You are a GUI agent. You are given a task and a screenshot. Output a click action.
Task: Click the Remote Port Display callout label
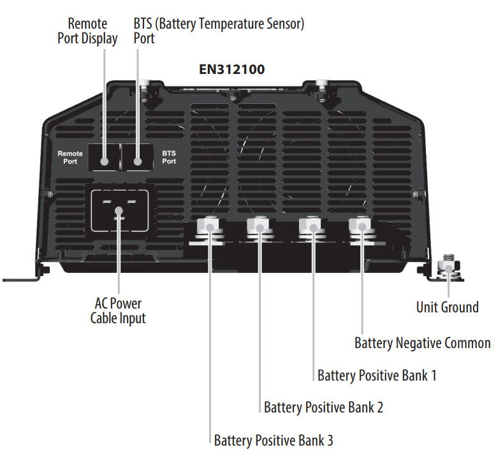93,31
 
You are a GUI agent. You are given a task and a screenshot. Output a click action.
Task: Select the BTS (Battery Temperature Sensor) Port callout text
219,31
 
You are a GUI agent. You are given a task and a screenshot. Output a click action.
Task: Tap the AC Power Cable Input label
118,310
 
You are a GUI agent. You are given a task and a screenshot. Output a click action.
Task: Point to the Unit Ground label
447,307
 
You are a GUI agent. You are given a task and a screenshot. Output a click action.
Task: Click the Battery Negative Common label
422,343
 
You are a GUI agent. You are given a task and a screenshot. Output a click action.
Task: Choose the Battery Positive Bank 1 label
377,375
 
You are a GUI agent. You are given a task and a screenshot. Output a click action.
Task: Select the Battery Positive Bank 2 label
323,407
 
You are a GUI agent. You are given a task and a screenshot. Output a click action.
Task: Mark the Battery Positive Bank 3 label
274,440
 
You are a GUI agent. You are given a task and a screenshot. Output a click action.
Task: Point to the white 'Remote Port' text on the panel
70,157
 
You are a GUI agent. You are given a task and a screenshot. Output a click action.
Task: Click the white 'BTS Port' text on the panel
169,157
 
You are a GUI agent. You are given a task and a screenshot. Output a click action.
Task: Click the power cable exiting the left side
19,279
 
